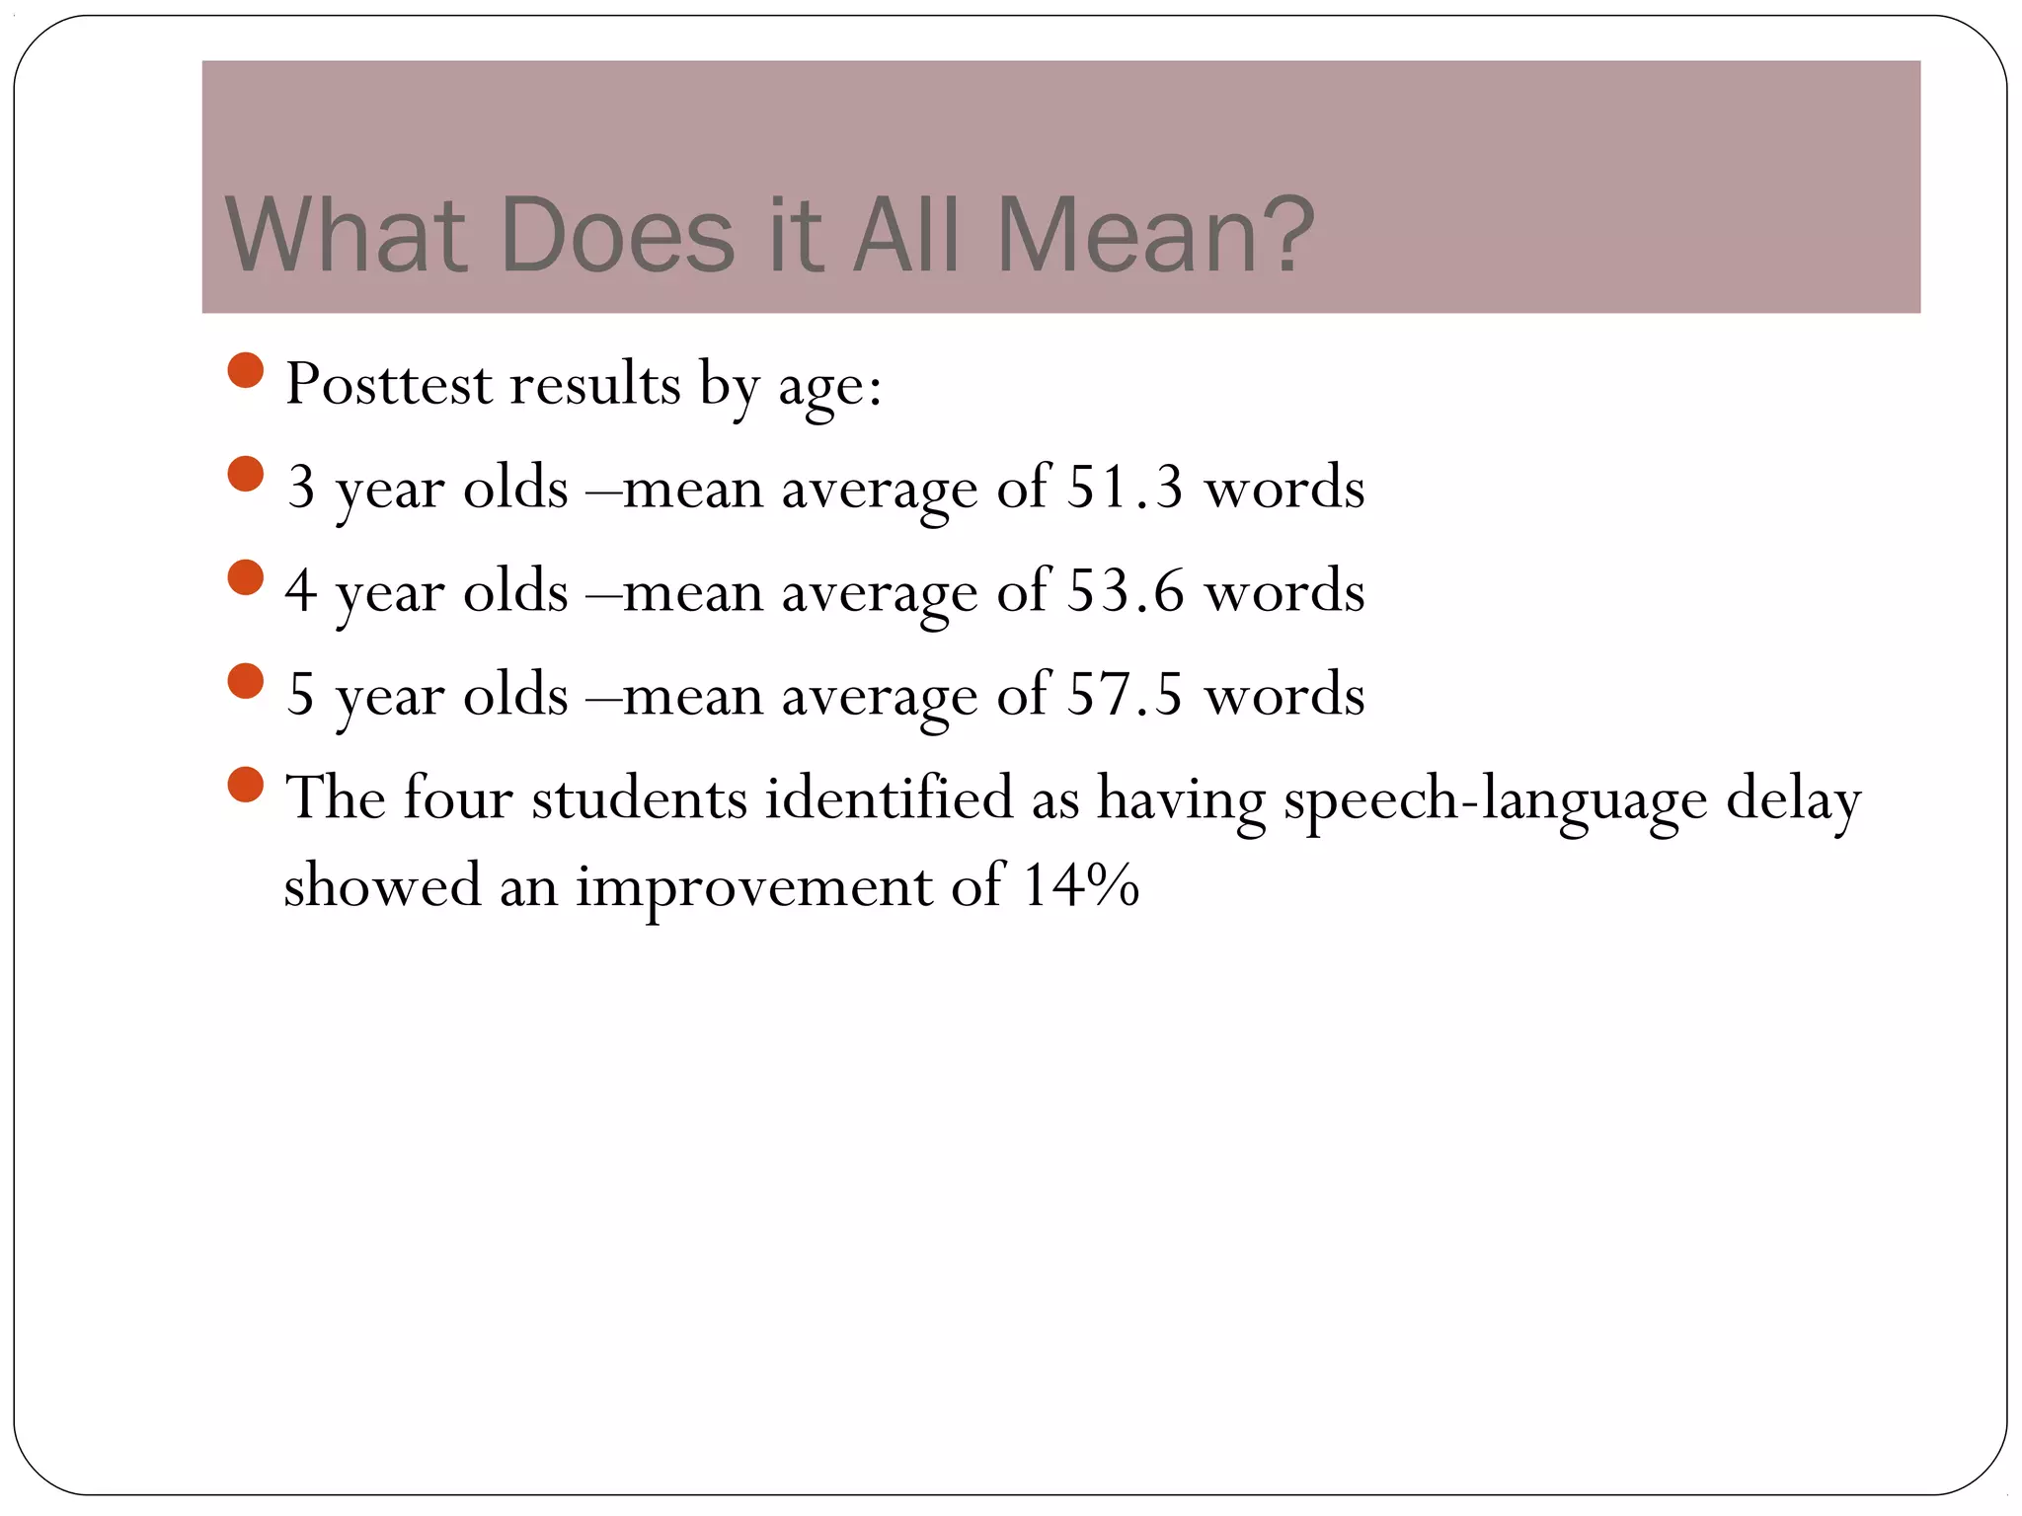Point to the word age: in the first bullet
[x=829, y=387]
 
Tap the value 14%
[x=1081, y=884]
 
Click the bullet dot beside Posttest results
[x=246, y=371]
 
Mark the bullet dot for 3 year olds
[x=246, y=474]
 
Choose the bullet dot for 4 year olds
[x=246, y=577]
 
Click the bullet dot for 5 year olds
[x=246, y=681]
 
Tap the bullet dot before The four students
[x=246, y=785]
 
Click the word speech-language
[x=1495, y=799]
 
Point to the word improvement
[x=753, y=886]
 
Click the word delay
[x=1793, y=799]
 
